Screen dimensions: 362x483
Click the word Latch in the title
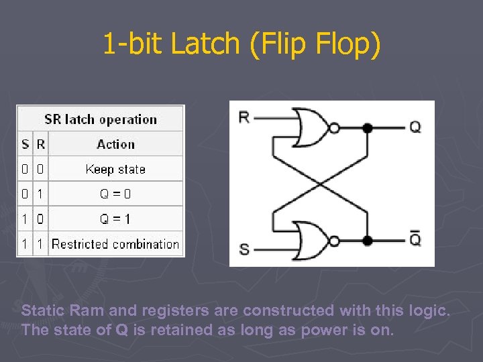[x=204, y=44]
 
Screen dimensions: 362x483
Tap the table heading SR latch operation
[x=101, y=120]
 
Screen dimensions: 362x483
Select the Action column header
[x=115, y=144]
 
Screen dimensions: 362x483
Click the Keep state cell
[x=115, y=169]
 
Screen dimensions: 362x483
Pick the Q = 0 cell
[x=115, y=194]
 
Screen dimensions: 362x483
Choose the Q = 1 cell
[x=115, y=219]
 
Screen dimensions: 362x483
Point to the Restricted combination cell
[x=115, y=244]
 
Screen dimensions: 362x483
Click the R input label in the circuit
[x=244, y=117]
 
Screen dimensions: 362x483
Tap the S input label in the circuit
[x=244, y=249]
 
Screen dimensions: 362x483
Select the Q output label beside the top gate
[x=415, y=127]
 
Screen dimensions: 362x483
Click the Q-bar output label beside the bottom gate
[x=415, y=239]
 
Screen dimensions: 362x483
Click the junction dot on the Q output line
[x=367, y=127]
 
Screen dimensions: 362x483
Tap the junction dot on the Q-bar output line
[x=367, y=240]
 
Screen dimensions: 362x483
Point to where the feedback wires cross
[x=320, y=183]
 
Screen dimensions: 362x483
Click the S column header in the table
[x=25, y=144]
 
